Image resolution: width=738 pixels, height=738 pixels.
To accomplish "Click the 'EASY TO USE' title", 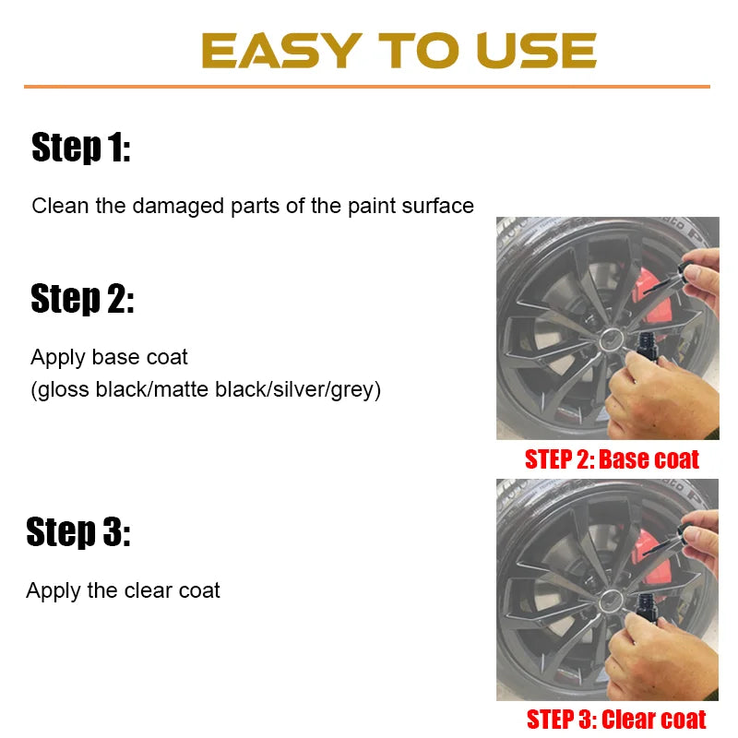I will (399, 51).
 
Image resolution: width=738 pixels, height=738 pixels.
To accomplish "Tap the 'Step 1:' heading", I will (81, 148).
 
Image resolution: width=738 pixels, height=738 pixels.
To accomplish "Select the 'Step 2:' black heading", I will (82, 299).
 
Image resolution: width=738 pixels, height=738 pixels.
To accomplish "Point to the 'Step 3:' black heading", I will (78, 532).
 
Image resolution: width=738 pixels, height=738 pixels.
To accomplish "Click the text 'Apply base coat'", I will (109, 357).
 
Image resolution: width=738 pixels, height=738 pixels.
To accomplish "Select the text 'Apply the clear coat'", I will (123, 590).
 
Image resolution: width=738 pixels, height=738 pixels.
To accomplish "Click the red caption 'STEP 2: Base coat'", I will (612, 458).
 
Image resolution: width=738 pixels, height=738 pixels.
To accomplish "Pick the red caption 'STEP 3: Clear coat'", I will (615, 719).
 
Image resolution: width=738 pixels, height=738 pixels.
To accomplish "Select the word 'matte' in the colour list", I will (182, 389).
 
